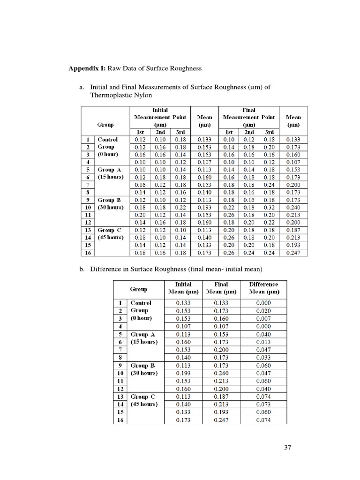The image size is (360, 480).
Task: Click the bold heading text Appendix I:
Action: [x=88, y=68]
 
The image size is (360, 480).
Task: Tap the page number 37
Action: [x=288, y=448]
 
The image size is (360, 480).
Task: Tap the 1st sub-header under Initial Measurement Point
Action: [x=140, y=133]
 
